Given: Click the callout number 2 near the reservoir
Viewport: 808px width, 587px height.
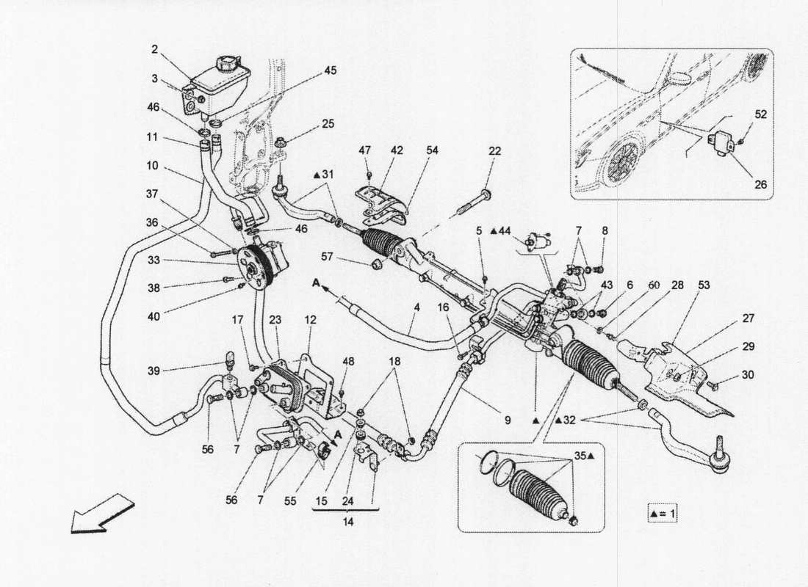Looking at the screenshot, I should [x=155, y=49].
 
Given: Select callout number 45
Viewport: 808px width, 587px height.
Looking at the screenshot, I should [x=331, y=71].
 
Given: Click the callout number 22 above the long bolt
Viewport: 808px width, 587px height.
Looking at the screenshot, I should [x=494, y=150].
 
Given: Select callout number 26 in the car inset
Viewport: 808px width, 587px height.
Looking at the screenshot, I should [x=760, y=185].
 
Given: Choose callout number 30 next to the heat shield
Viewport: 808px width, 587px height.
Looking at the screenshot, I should [x=748, y=374].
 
